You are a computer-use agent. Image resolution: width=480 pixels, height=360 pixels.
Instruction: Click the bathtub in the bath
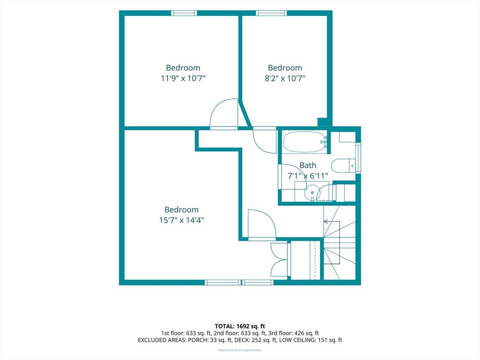point(305,142)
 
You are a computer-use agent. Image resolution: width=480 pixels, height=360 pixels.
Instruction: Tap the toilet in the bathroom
point(343,166)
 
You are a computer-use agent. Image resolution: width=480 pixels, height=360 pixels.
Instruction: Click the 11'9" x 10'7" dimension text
point(183,78)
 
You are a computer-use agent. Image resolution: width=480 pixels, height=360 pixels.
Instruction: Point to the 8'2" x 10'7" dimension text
point(285,78)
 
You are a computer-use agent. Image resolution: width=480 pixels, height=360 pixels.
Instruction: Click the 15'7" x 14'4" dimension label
point(181,220)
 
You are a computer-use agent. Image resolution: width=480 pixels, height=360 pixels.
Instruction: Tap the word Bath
point(307,165)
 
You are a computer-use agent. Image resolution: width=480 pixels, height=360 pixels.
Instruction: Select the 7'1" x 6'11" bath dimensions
point(308,176)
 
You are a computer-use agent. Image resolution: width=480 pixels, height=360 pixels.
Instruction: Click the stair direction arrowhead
point(325,221)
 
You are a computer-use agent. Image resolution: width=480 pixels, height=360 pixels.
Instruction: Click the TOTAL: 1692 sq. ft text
point(240,326)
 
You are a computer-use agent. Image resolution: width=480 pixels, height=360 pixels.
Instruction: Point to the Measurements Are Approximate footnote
point(240,350)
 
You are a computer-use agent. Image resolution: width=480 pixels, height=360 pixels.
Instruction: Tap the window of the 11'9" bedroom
point(184,13)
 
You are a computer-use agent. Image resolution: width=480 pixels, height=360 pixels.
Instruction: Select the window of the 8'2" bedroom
point(271,13)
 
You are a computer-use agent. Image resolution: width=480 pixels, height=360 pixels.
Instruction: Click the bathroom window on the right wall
point(358,158)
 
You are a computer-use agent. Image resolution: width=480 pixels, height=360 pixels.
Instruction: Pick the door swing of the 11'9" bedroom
point(224,113)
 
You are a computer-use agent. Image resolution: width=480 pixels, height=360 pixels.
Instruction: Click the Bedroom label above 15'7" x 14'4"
point(181,210)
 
